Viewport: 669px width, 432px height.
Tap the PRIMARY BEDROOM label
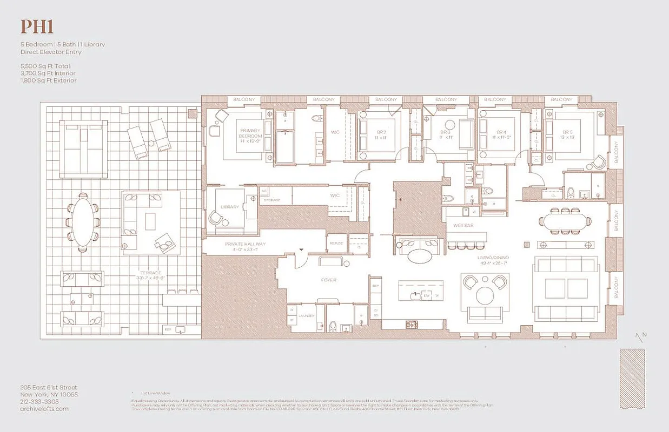tap(250, 133)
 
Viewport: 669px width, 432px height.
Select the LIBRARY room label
tap(230, 207)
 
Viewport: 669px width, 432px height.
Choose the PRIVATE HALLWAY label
tap(246, 245)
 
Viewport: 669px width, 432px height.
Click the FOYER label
tap(328, 280)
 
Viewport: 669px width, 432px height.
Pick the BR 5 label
tap(567, 132)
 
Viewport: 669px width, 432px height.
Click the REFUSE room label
tap(336, 244)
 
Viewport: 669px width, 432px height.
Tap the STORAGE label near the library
tap(271, 200)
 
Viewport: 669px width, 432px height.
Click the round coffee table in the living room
tap(485, 295)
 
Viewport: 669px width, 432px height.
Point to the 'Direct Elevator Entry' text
tap(51, 52)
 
